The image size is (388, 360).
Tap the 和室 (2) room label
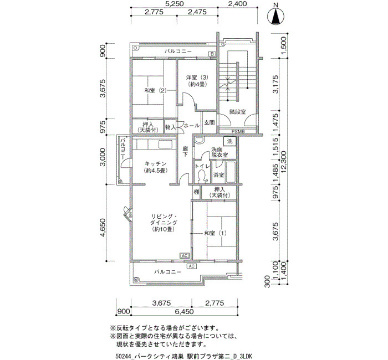[155, 90]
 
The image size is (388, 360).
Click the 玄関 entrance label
[209, 122]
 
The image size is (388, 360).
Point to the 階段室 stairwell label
[238, 112]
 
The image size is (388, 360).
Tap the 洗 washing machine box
[230, 141]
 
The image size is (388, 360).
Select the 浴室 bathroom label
[219, 175]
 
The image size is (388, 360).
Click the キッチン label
[155, 164]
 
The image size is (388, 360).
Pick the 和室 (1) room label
[215, 233]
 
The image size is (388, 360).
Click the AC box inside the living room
[185, 255]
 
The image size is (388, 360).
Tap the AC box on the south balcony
[192, 266]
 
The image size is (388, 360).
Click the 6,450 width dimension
[185, 311]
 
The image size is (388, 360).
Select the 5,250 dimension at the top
[174, 4]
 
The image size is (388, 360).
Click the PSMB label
[238, 132]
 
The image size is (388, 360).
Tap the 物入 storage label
[171, 127]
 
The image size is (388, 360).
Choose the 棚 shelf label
[196, 192]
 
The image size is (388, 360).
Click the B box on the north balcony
[212, 54]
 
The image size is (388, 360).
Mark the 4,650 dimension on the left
[104, 227]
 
